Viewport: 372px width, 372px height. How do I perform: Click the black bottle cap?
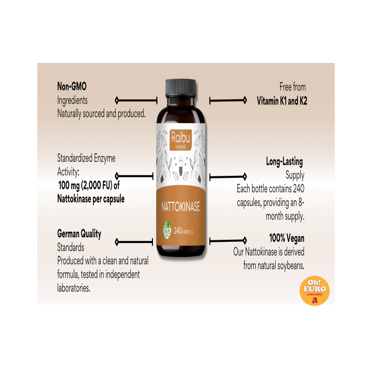click(181, 88)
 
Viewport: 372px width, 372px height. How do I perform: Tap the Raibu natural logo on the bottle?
click(180, 140)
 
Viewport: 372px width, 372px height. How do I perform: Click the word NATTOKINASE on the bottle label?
click(180, 206)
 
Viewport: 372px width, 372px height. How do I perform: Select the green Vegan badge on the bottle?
click(167, 230)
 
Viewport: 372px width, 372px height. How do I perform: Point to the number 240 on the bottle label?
click(178, 231)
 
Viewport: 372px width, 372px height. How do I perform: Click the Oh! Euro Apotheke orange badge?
click(314, 291)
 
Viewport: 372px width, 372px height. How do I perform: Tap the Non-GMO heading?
click(72, 86)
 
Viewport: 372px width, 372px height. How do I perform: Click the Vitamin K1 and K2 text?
click(282, 101)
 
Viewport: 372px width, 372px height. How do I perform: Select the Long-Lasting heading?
click(284, 162)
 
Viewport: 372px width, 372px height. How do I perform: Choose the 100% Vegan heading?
click(286, 238)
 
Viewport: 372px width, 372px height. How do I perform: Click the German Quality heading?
click(79, 234)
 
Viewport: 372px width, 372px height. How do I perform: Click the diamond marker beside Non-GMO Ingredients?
click(116, 100)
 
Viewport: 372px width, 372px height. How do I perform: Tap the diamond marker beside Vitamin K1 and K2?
click(245, 100)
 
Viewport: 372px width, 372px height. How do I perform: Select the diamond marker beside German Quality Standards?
click(116, 242)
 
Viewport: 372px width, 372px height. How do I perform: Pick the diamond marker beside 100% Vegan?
click(245, 241)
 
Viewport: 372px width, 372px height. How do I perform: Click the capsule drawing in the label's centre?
click(180, 166)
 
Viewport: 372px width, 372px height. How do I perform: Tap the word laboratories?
click(74, 288)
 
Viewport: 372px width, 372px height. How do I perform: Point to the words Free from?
click(292, 87)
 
